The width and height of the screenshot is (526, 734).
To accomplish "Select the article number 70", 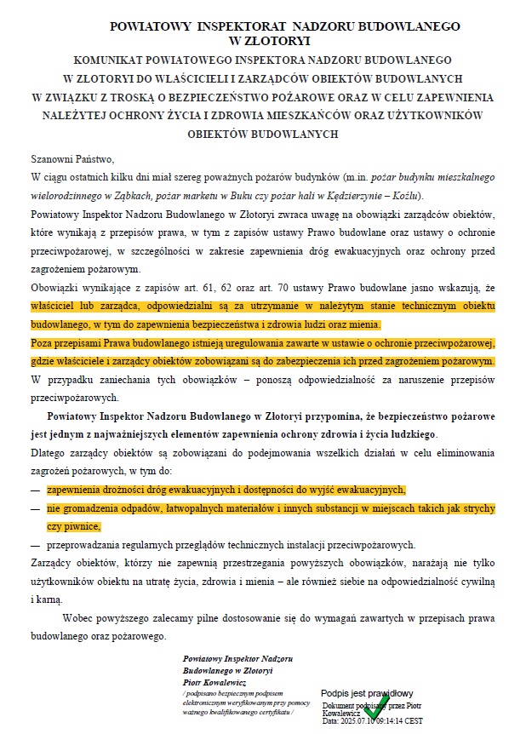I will (x=259, y=288).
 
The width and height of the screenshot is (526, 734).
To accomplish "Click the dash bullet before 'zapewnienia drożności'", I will (x=35, y=490).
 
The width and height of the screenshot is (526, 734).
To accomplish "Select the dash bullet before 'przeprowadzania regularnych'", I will (x=35, y=544).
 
